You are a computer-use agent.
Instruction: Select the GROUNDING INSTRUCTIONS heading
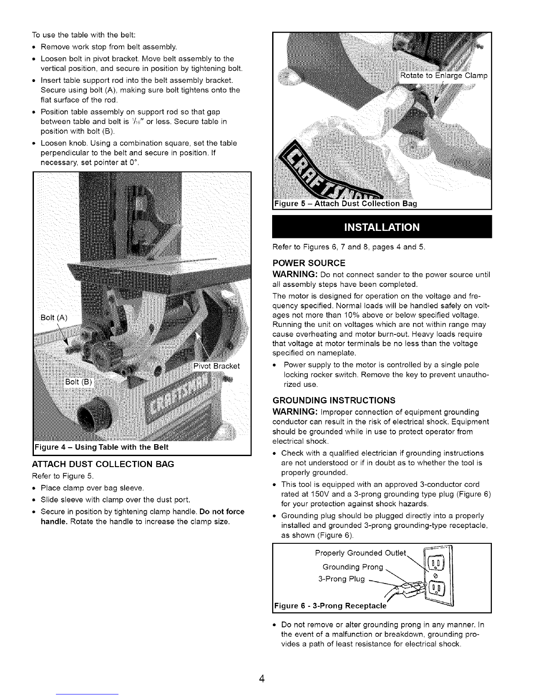point(334,400)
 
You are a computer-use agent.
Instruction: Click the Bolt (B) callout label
point(78,382)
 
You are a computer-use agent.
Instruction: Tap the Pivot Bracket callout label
point(217,366)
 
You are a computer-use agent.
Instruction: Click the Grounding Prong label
point(354,567)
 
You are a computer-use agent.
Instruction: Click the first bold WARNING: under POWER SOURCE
point(293,275)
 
